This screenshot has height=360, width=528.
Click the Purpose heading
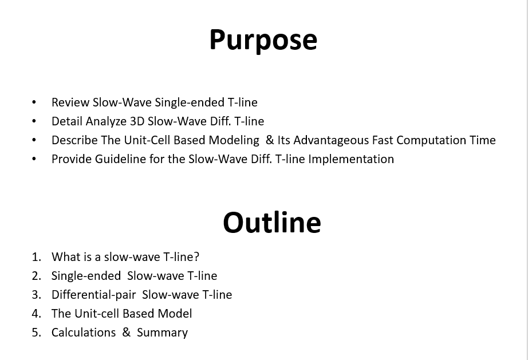pyautogui.click(x=263, y=40)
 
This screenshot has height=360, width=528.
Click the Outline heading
pyautogui.click(x=272, y=223)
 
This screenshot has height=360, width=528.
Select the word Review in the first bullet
pyautogui.click(x=70, y=102)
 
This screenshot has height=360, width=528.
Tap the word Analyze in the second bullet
pyautogui.click(x=106, y=121)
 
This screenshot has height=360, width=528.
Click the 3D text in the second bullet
pyautogui.click(x=137, y=121)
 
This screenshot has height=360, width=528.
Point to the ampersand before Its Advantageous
pyautogui.click(x=270, y=140)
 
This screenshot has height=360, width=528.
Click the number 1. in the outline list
pyautogui.click(x=37, y=257)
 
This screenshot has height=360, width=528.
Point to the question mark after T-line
pyautogui.click(x=196, y=257)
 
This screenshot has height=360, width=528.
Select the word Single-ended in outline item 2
pyautogui.click(x=86, y=276)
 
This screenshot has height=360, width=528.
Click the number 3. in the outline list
pyautogui.click(x=37, y=295)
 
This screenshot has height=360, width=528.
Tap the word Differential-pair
pyautogui.click(x=93, y=295)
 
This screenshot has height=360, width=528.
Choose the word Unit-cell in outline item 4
pyautogui.click(x=98, y=314)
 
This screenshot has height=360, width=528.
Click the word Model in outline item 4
pyautogui.click(x=175, y=314)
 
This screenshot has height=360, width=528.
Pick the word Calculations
pyautogui.click(x=84, y=333)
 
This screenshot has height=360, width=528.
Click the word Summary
pyautogui.click(x=162, y=333)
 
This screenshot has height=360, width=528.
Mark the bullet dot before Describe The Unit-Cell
pyautogui.click(x=34, y=140)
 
